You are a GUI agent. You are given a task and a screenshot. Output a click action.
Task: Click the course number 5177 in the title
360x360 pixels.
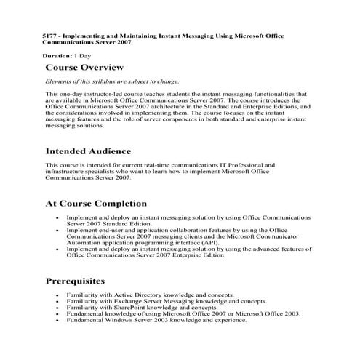49,36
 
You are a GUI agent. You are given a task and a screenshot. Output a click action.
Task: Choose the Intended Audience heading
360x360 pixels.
89,152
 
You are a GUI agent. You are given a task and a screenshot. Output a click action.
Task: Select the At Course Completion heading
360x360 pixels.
96,204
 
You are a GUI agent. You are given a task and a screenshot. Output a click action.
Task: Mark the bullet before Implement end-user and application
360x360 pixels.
57,230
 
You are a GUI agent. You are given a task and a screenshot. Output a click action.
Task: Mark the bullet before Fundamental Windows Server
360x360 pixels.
57,320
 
